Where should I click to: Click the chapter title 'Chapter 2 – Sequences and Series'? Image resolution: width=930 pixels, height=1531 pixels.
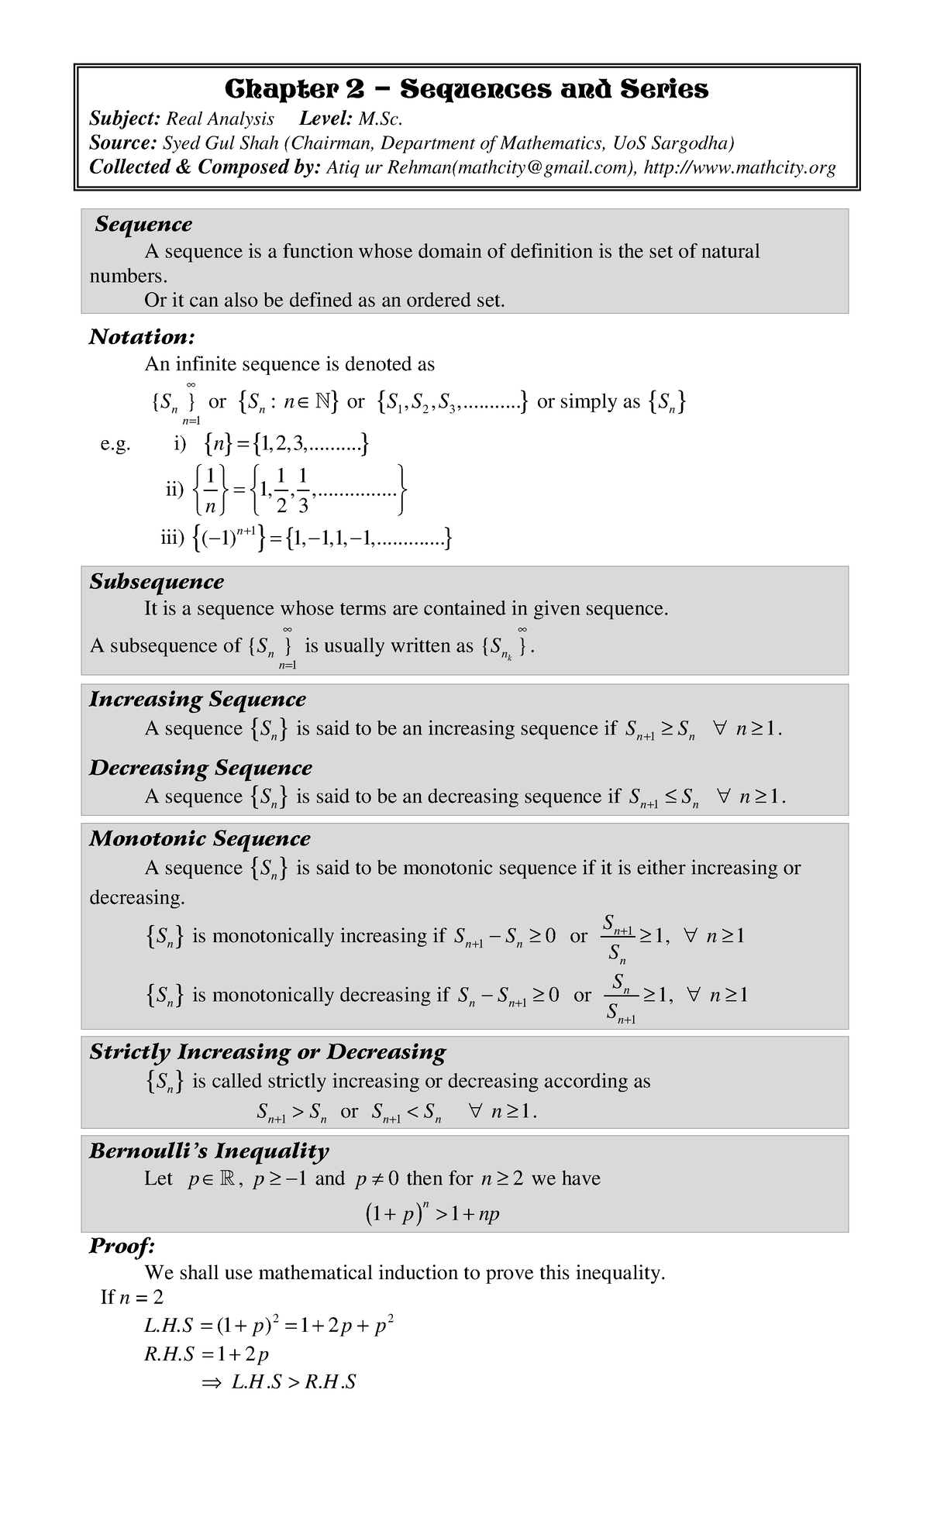click(466, 90)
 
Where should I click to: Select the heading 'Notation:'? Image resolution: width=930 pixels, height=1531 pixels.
click(141, 337)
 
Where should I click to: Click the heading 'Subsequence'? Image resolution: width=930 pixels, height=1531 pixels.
click(157, 582)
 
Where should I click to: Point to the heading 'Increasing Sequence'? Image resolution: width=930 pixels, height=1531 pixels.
click(197, 700)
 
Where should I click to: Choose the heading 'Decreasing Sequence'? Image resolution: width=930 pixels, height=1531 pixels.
click(200, 768)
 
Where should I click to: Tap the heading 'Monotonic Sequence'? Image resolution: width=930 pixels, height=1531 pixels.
click(199, 839)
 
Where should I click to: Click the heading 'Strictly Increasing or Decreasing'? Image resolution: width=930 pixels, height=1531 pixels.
click(267, 1052)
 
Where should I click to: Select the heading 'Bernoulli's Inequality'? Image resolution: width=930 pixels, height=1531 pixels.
click(209, 1151)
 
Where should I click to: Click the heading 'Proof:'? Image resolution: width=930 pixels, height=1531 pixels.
click(122, 1247)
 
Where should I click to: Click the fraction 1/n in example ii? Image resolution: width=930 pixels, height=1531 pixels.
click(210, 490)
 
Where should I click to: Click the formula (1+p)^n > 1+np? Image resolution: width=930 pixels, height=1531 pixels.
click(432, 1213)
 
